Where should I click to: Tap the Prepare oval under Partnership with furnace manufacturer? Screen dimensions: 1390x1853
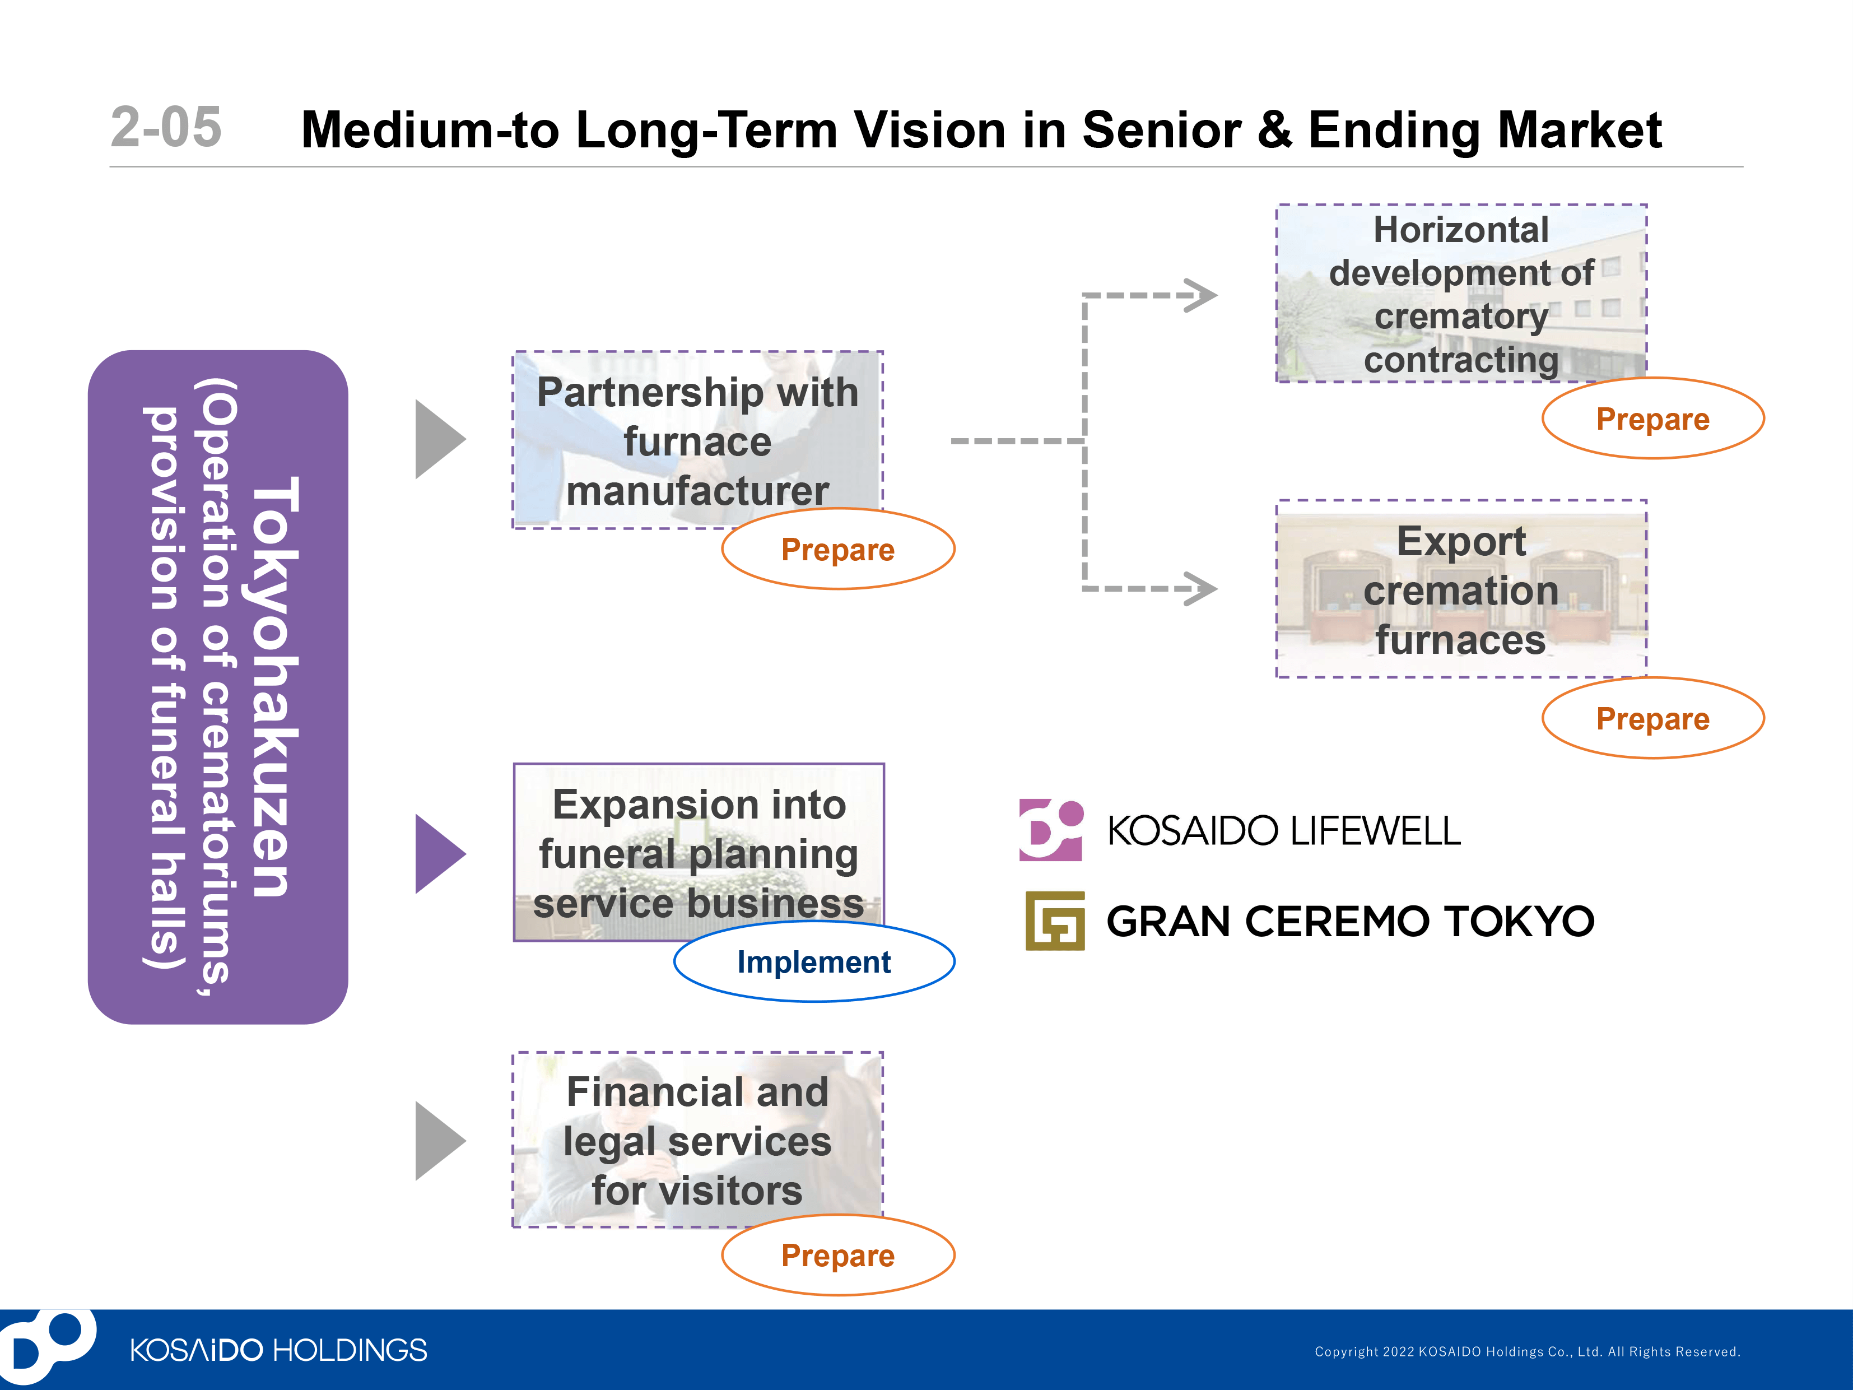[837, 550]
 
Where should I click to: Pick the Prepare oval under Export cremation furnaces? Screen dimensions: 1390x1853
[1652, 719]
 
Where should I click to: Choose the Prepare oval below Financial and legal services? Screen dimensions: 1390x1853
[837, 1255]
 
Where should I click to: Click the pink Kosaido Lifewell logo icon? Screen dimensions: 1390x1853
[1050, 830]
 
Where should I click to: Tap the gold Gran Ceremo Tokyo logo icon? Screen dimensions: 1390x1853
[1055, 921]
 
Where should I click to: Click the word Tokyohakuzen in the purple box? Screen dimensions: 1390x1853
[273, 687]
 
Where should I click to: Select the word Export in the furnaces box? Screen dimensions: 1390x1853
[1460, 541]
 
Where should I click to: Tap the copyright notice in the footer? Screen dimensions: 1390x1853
[1526, 1351]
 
